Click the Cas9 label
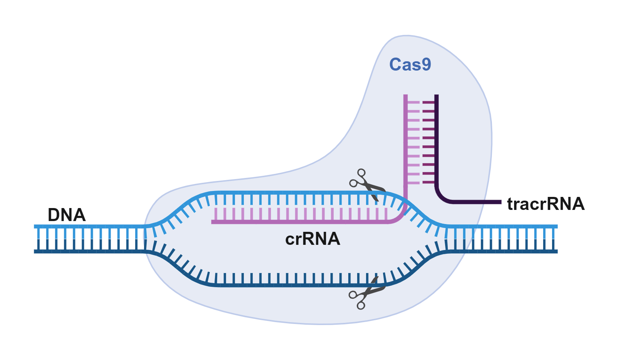[410, 65]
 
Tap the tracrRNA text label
[546, 204]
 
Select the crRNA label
[313, 239]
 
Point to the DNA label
[67, 215]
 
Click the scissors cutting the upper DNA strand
[368, 184]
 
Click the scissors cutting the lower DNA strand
[367, 293]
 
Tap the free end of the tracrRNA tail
[501, 202]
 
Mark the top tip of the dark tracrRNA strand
[437, 95]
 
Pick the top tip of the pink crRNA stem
[405, 95]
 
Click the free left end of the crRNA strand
[212, 222]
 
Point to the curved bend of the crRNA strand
[401, 217]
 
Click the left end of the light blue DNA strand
[35, 226]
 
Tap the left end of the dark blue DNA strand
[35, 252]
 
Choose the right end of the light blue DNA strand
[557, 226]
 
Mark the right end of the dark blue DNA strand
[557, 252]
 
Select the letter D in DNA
[54, 215]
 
